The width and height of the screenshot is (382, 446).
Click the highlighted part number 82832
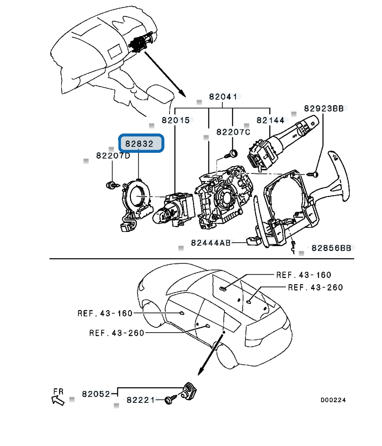(141, 143)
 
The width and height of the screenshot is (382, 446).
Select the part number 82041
(223, 97)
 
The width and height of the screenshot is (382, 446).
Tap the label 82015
(175, 120)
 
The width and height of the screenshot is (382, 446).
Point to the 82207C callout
(233, 132)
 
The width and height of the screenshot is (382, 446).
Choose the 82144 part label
(271, 120)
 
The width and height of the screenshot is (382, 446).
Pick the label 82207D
(113, 155)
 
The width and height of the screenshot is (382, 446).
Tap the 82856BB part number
(331, 248)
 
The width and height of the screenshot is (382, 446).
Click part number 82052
(96, 394)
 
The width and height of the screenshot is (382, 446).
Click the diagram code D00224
(333, 400)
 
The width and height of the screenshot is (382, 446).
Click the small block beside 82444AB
(253, 242)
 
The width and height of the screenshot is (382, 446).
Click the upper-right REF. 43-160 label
(304, 275)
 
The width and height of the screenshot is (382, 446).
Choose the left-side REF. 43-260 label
(116, 333)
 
